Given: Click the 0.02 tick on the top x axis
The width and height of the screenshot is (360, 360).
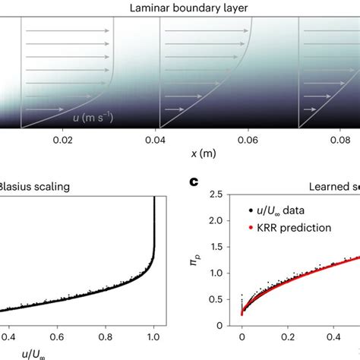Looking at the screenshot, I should pos(66,141).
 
